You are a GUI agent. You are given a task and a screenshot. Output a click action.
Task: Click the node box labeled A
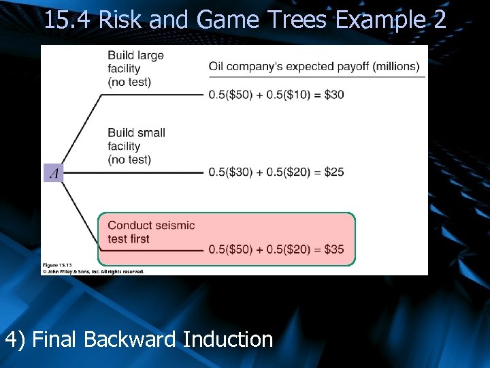click(53, 173)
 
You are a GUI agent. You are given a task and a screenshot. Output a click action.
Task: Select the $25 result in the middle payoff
click(333, 172)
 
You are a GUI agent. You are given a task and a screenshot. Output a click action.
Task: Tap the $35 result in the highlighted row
click(333, 249)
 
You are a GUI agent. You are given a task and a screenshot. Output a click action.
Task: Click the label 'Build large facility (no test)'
click(135, 69)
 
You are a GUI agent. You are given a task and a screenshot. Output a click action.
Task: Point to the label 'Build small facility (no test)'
click(136, 146)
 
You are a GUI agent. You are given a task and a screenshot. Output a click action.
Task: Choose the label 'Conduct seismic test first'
click(151, 232)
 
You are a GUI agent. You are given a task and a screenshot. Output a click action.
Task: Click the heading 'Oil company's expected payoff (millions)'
click(314, 67)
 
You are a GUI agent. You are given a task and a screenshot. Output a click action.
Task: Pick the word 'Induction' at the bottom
click(228, 339)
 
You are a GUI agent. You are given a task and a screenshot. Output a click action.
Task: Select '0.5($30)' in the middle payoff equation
click(233, 172)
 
